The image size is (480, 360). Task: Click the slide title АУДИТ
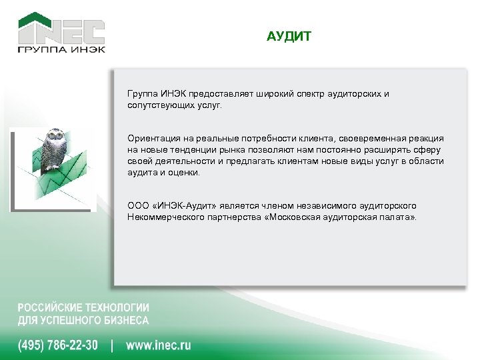click(288, 36)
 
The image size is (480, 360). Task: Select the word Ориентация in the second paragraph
click(151, 137)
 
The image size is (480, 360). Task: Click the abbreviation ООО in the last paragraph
click(138, 205)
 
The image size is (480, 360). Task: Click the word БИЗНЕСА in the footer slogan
click(124, 320)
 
